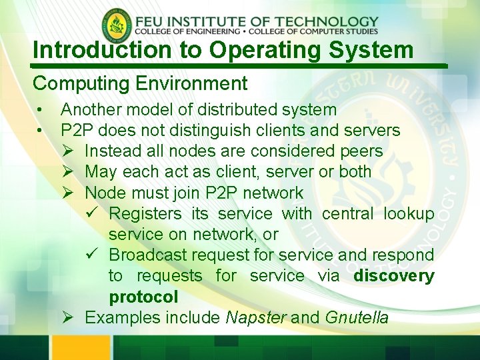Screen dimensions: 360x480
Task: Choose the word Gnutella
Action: pos(357,317)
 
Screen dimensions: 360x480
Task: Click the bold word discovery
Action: pos(394,275)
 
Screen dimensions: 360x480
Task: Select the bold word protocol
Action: pos(143,297)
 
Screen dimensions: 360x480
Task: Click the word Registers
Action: pos(145,213)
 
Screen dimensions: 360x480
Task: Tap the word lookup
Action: pos(409,213)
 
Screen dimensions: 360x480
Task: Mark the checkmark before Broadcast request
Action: pos(93,255)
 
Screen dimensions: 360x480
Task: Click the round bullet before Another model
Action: pos(41,109)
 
